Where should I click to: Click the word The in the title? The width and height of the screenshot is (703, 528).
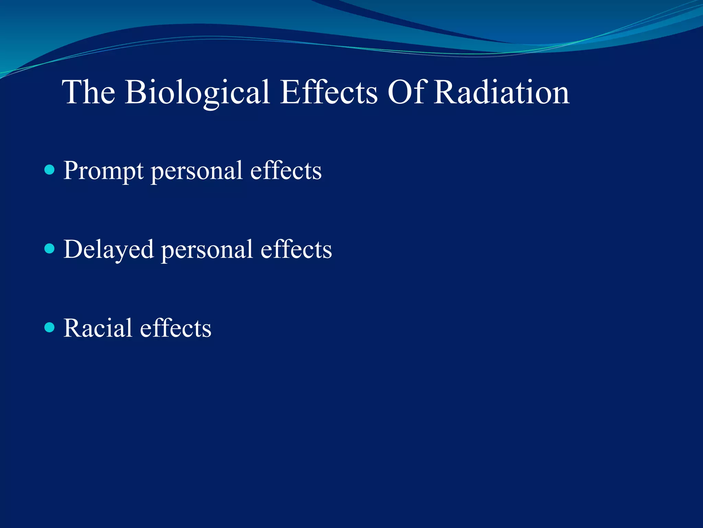click(x=89, y=92)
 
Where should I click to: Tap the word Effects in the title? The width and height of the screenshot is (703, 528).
click(x=329, y=92)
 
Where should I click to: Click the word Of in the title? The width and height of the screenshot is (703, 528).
click(x=407, y=92)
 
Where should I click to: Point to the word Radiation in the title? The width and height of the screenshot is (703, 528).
click(x=501, y=92)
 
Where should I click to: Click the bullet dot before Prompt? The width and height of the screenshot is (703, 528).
click(x=50, y=170)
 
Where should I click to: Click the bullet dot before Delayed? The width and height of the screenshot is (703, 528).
click(x=50, y=249)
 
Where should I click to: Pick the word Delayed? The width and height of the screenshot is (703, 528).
click(x=108, y=250)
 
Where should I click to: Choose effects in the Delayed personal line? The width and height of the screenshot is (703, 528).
click(x=296, y=249)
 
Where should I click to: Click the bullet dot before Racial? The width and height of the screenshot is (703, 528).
click(x=50, y=327)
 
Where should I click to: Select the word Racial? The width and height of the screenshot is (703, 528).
click(x=98, y=328)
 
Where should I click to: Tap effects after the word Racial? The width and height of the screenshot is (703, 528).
click(x=176, y=328)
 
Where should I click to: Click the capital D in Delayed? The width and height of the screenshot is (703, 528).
click(x=73, y=249)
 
